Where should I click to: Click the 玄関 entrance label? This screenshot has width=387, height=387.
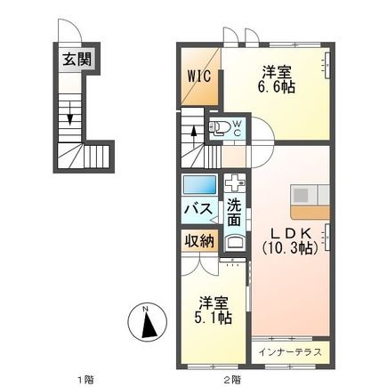(75, 61)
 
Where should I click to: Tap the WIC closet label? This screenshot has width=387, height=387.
(198, 77)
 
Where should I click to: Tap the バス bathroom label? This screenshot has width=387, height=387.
(198, 209)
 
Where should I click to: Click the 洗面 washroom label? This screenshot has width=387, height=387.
(233, 214)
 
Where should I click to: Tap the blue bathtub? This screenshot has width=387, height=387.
(199, 186)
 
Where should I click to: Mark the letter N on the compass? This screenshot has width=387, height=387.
(145, 311)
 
